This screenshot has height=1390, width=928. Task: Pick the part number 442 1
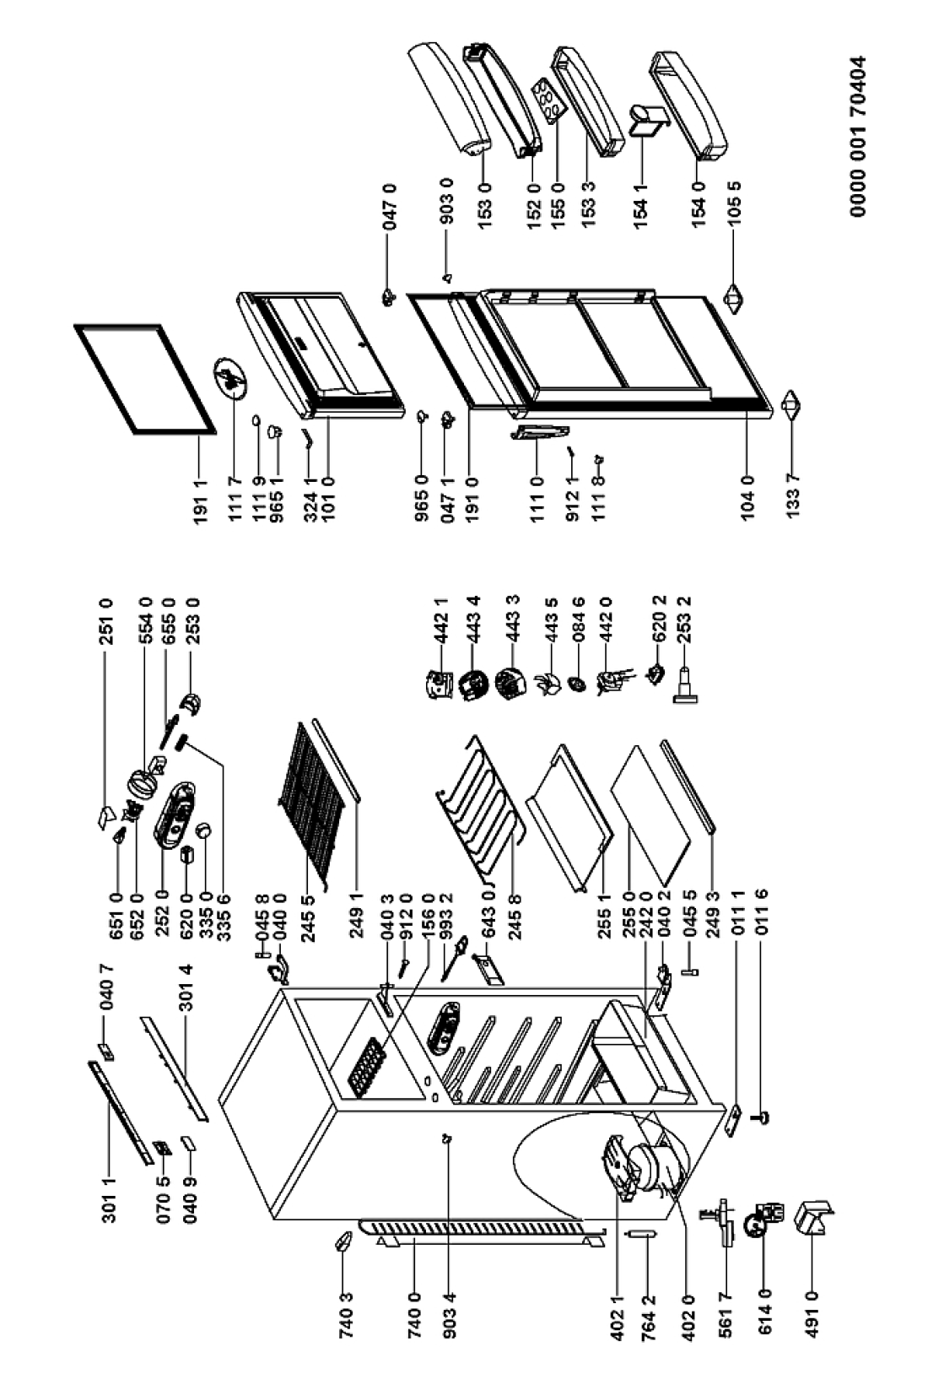pos(441,619)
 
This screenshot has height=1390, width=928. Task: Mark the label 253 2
pos(684,619)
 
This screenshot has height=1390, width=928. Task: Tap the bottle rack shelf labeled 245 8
pos(477,793)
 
